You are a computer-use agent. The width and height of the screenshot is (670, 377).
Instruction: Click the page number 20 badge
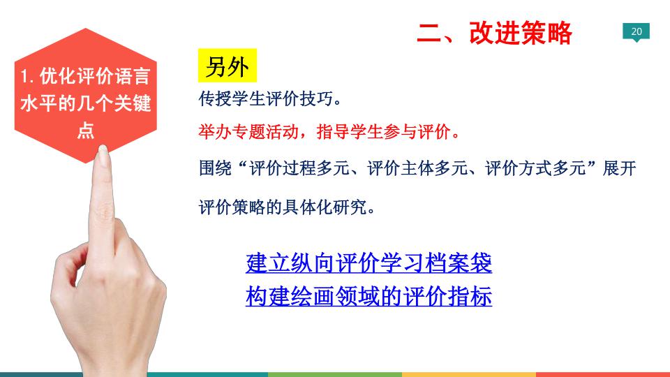636,31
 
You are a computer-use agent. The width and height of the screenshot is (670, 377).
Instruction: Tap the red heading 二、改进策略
494,33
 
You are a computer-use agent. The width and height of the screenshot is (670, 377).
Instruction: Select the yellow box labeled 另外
228,66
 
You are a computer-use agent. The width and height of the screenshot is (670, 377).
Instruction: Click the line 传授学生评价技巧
270,98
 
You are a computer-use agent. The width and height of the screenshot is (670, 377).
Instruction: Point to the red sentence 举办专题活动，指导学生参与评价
329,132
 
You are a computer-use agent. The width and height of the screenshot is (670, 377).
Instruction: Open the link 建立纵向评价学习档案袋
368,263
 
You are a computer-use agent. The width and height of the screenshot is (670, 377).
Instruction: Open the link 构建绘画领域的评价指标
368,296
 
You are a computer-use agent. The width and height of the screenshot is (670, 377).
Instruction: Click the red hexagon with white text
85,96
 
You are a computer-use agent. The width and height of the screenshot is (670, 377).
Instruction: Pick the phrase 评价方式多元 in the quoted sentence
535,168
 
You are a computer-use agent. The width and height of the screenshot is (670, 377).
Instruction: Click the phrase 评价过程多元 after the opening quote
299,168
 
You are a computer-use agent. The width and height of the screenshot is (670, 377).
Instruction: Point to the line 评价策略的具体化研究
287,207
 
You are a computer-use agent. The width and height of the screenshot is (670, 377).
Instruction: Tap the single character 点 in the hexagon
85,130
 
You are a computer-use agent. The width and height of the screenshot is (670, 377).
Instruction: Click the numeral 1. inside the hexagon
27,77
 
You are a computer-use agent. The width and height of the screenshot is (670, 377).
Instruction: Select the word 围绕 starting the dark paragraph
216,168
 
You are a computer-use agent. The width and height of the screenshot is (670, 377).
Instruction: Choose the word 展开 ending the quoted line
620,168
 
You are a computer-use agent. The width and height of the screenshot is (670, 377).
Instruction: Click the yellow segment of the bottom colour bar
469,374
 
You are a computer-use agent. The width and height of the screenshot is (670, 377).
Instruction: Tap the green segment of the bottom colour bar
334,374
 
